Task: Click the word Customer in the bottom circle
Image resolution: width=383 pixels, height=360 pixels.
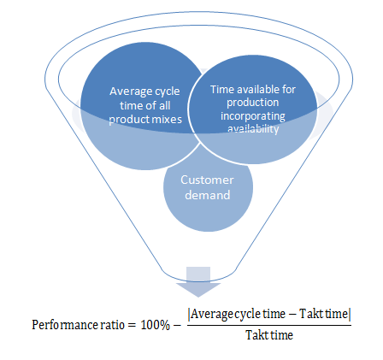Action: [207, 180]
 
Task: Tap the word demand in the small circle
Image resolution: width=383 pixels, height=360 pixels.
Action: [208, 195]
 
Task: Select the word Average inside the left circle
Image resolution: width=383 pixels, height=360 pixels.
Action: [131, 91]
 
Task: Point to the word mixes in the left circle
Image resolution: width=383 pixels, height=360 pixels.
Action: [168, 119]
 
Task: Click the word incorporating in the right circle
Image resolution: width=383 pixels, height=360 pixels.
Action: [253, 116]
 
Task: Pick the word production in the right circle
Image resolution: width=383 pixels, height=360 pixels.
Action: [253, 103]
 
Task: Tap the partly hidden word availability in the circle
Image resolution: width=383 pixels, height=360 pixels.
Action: [253, 129]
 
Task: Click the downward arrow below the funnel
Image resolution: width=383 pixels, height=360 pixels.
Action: [198, 281]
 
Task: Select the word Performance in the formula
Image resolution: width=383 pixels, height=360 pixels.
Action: [65, 325]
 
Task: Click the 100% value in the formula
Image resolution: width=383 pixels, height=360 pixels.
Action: [156, 325]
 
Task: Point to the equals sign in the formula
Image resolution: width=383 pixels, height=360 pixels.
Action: [131, 325]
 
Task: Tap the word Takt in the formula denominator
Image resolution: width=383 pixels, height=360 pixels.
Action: [256, 335]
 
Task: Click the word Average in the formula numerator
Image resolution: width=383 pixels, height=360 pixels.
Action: [212, 314]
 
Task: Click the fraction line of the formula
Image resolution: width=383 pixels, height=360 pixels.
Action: [269, 325]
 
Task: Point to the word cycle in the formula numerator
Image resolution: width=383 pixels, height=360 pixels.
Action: [248, 314]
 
